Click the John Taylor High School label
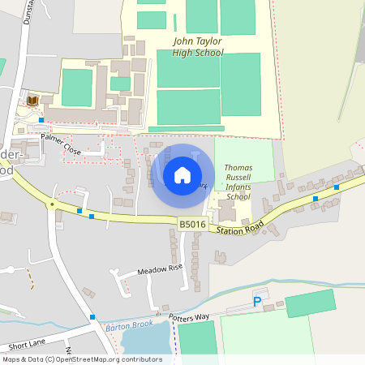(198, 46)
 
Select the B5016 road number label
(193, 224)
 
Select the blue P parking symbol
(257, 302)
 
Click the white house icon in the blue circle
(182, 174)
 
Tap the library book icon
(32, 100)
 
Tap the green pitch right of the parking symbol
(309, 303)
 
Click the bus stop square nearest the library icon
(41, 120)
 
